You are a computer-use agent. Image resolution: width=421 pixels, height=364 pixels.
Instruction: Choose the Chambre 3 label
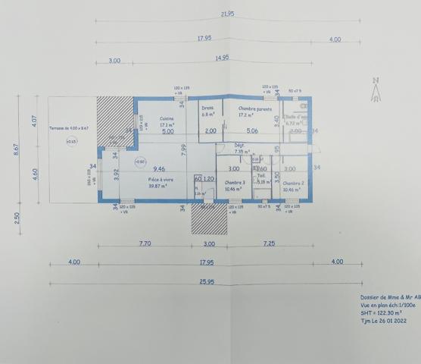pos(235,183)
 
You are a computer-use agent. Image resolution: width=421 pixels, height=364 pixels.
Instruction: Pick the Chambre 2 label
pos(293,183)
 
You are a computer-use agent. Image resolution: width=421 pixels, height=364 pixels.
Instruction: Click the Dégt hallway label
pos(239,147)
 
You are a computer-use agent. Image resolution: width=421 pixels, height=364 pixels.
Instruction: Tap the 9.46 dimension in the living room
pos(158,168)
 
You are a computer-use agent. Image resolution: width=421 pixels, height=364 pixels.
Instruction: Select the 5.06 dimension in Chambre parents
pos(252,131)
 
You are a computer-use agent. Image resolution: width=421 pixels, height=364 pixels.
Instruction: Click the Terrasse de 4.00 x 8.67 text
pos(69,128)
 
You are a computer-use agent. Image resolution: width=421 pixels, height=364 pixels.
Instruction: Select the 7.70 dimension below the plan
pos(145,243)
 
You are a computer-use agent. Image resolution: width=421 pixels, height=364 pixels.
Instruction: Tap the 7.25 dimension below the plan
pos(267,243)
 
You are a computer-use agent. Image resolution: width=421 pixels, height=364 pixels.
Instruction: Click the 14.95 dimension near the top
pos(222,58)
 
